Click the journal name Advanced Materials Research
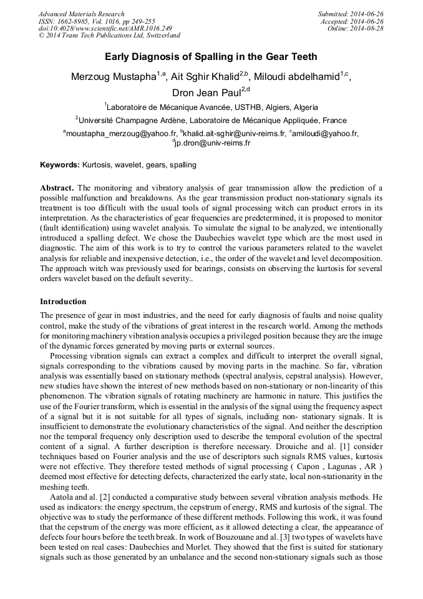coord(81,14)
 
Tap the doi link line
coord(105,28)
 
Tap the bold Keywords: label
coord(60,165)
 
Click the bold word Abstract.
coord(57,188)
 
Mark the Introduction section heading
coord(63,302)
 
